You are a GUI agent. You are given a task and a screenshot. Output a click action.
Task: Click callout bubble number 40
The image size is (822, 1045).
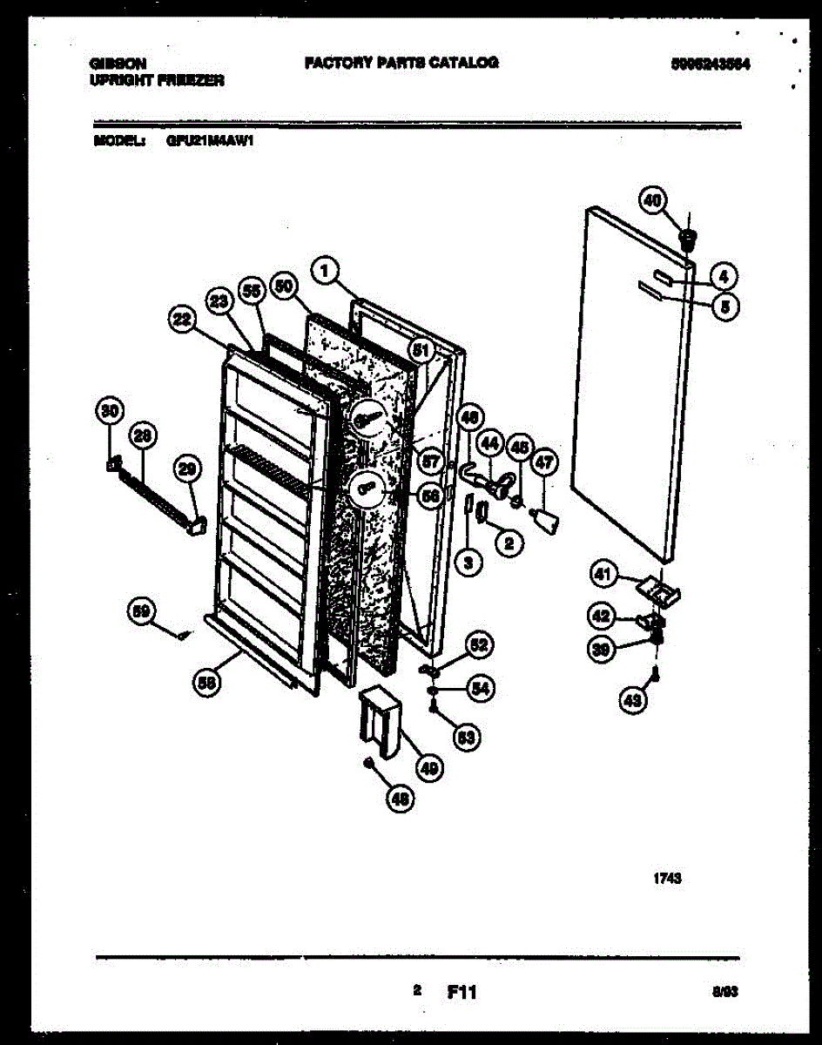pos(650,200)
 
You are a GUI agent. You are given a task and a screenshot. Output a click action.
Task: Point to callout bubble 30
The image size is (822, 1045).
pos(110,410)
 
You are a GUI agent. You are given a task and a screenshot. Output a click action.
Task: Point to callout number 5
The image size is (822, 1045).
pos(724,305)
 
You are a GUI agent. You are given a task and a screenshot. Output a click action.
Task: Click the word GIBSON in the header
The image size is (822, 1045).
pos(118,64)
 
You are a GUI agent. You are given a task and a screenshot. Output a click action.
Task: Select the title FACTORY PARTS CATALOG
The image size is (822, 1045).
pos(401,63)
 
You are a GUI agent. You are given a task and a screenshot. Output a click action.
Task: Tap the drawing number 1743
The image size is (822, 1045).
pos(667,880)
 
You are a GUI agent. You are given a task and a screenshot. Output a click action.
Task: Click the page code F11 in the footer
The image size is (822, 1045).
pos(462,992)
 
